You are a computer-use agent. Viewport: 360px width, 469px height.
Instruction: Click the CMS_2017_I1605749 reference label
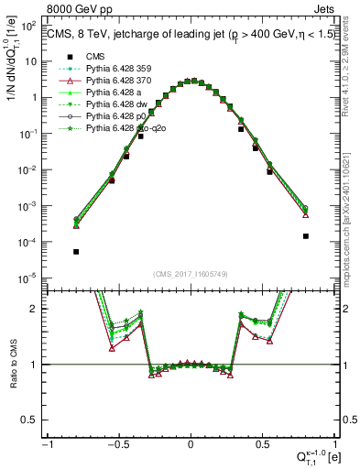pyautogui.click(x=190, y=275)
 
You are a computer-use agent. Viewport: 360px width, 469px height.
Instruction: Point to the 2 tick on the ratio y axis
pyautogui.click(x=37, y=309)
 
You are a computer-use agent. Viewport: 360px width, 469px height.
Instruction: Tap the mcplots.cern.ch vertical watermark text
pyautogui.click(x=354, y=211)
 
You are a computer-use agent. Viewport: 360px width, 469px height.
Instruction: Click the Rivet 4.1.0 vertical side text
pyautogui.click(x=354, y=73)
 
